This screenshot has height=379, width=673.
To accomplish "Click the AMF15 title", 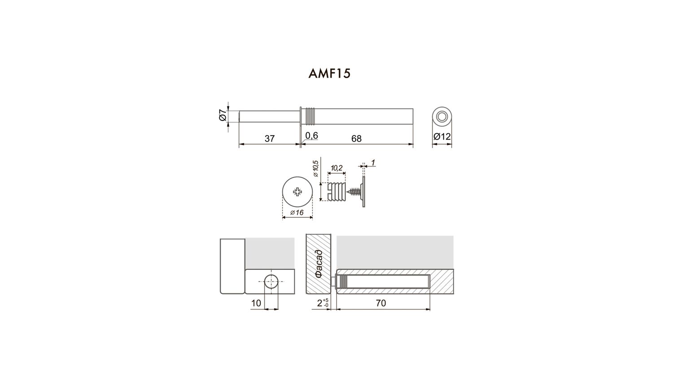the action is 329,73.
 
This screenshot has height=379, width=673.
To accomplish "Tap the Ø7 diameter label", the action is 223,116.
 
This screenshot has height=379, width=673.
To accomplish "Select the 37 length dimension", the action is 270,139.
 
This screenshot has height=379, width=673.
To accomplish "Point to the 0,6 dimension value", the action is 311,136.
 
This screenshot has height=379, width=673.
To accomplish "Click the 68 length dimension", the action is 356,139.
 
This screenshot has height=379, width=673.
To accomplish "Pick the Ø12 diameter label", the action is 442,137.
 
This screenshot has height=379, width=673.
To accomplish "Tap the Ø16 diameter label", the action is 297,213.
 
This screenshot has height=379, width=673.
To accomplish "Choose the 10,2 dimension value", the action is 336,168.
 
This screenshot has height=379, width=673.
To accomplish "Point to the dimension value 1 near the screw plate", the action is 373,163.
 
